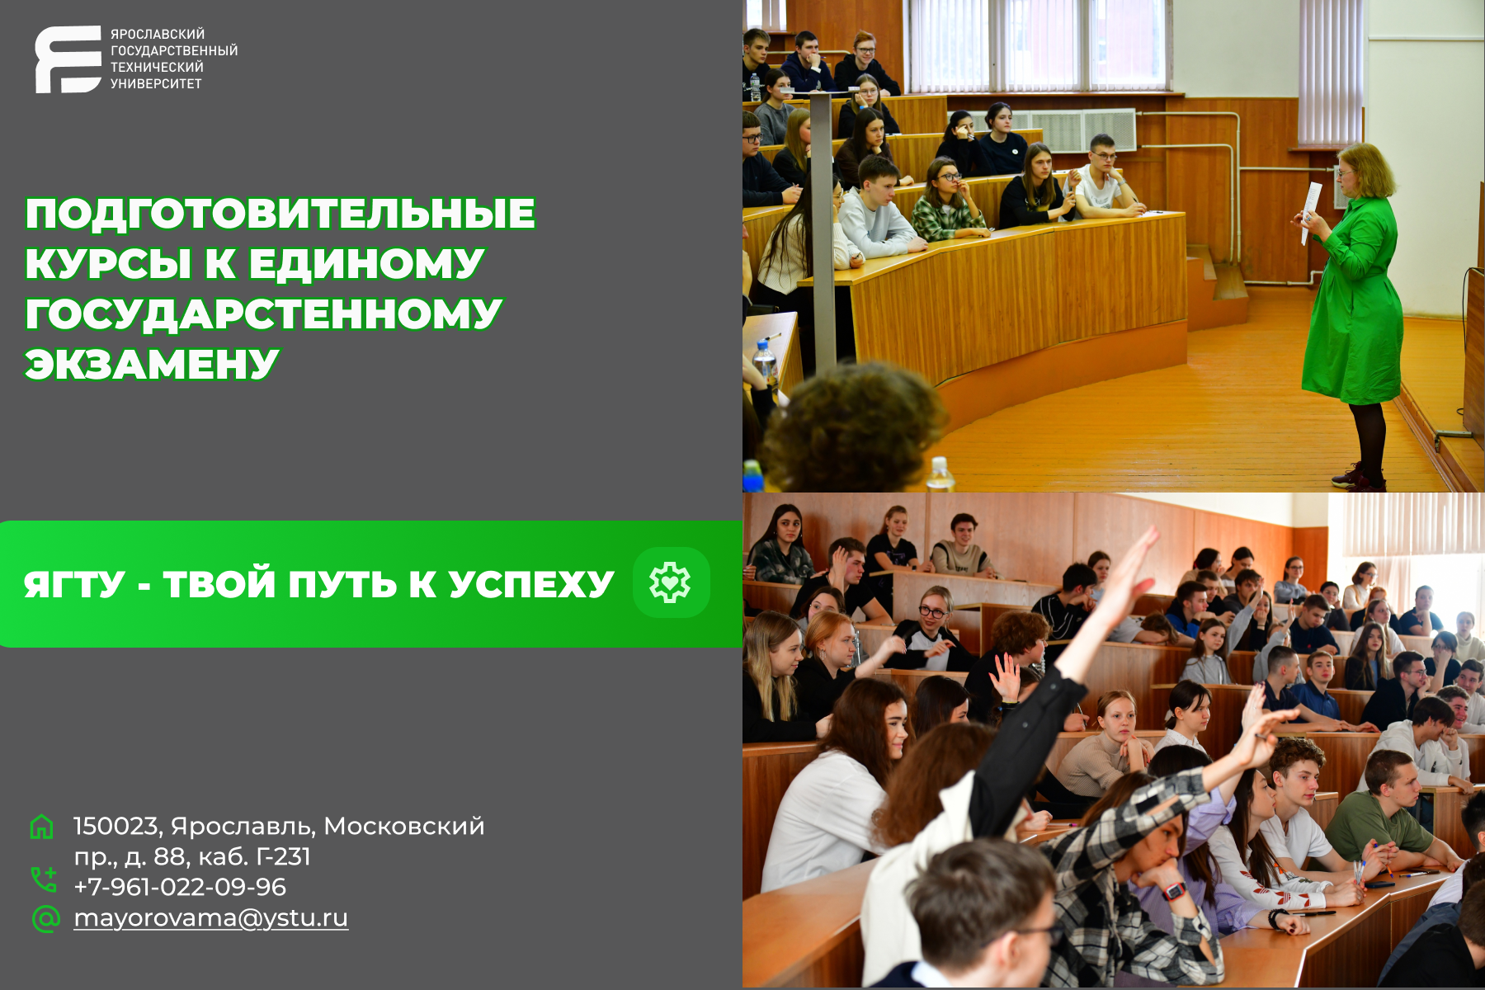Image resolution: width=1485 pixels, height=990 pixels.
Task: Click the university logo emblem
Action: pos(68,59)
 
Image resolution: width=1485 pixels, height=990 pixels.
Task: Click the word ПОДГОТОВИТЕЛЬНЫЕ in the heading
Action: pos(280,214)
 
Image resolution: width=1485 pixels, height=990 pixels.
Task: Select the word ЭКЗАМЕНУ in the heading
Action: pos(152,365)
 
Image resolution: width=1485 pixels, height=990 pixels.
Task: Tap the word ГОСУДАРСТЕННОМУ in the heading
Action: pos(264,314)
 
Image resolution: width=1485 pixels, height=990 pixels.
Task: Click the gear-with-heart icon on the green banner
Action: pos(671,582)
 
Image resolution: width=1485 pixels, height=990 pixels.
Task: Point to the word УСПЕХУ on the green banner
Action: pos(531,585)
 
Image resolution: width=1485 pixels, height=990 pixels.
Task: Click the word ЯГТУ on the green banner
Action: pos(74,585)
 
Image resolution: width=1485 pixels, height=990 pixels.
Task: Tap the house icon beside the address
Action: pos(42,827)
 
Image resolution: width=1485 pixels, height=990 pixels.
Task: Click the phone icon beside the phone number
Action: pos(44,879)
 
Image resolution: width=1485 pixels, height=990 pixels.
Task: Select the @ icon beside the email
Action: pos(45,918)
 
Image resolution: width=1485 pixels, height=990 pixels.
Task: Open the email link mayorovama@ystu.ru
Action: pos(211,918)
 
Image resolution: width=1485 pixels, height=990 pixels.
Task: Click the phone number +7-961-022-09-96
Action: pos(180,887)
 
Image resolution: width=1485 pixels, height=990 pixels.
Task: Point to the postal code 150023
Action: pos(116,826)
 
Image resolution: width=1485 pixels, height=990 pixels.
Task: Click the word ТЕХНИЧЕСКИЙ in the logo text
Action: pos(157,67)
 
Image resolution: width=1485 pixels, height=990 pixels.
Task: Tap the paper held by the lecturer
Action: pos(1309,213)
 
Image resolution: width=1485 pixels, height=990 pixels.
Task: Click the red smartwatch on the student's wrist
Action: pos(1173,891)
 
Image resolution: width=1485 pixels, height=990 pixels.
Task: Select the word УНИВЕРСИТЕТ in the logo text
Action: pos(156,83)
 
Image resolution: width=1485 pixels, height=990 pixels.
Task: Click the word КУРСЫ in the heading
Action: pos(109,264)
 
